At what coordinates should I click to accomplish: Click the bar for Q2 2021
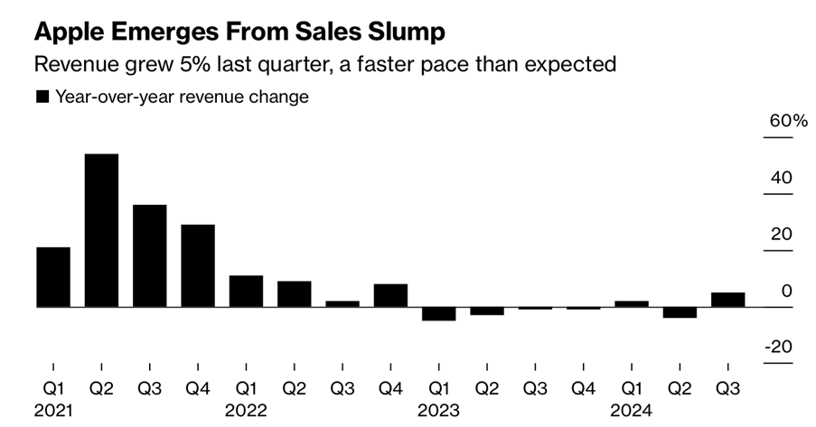click(101, 230)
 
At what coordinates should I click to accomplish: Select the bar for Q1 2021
click(53, 277)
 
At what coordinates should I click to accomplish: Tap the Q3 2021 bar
click(149, 255)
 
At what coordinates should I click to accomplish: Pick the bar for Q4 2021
click(198, 265)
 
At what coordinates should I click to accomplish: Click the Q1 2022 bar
click(246, 291)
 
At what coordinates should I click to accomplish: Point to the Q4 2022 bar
click(390, 295)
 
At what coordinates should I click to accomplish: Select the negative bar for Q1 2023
click(438, 314)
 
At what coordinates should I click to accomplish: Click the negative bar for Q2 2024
click(680, 312)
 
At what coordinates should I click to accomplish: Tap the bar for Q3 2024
click(728, 300)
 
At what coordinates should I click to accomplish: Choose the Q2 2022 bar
click(294, 293)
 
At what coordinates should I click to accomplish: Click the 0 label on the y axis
click(786, 291)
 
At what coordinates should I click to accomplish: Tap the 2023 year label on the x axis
click(438, 412)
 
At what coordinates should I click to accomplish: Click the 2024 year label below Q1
click(632, 412)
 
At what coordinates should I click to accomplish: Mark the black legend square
click(42, 97)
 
